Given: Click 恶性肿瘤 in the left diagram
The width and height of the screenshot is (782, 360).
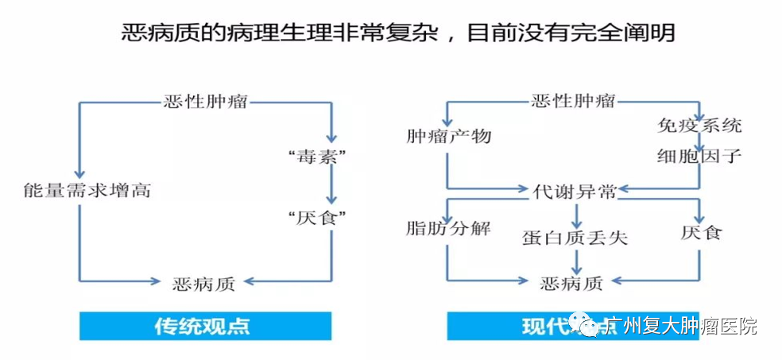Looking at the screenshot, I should click(205, 103).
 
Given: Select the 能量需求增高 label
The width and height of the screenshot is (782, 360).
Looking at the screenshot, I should click(87, 191).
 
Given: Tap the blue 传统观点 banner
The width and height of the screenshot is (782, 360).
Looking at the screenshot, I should click(205, 326).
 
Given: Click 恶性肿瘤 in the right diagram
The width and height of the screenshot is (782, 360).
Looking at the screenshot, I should click(573, 101).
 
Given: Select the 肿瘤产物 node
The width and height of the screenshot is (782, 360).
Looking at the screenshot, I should click(448, 137).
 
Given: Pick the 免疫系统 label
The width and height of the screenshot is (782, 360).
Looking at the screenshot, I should click(699, 126).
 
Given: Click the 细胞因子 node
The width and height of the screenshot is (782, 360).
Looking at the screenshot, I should click(699, 155).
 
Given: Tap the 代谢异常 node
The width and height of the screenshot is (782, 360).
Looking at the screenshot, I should click(573, 190).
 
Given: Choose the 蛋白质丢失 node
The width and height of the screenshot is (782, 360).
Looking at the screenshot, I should click(575, 237).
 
